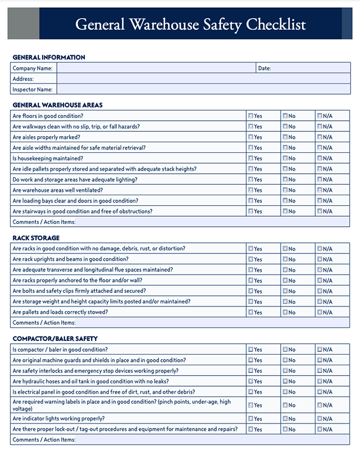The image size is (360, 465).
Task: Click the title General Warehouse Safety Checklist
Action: [x=190, y=24]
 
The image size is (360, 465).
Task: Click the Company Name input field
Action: [x=156, y=68]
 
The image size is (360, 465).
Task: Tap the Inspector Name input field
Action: [x=203, y=89]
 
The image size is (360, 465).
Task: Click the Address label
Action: [x=23, y=79]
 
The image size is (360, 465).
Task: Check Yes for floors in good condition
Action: [x=251, y=116]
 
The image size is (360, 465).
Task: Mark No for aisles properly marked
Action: [x=285, y=137]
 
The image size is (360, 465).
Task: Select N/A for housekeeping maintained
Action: [x=320, y=158]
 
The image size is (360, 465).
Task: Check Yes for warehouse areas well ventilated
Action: [x=251, y=190]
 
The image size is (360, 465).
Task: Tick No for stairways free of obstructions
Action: [x=285, y=211]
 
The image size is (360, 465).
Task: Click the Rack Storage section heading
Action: [x=36, y=238]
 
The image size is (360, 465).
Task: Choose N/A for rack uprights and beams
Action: [x=320, y=259]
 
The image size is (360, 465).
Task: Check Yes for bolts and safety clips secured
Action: [x=251, y=291]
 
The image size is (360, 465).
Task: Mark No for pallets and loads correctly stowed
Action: [x=285, y=312]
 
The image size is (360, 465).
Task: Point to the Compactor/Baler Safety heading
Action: [x=55, y=339]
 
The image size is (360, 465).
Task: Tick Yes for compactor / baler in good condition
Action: [x=251, y=350]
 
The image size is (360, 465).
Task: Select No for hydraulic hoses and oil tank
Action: [x=285, y=381]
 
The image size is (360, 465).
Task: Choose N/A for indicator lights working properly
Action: [x=320, y=419]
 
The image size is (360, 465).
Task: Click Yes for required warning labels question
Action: [x=251, y=405]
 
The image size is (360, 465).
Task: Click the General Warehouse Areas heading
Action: [x=57, y=105]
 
